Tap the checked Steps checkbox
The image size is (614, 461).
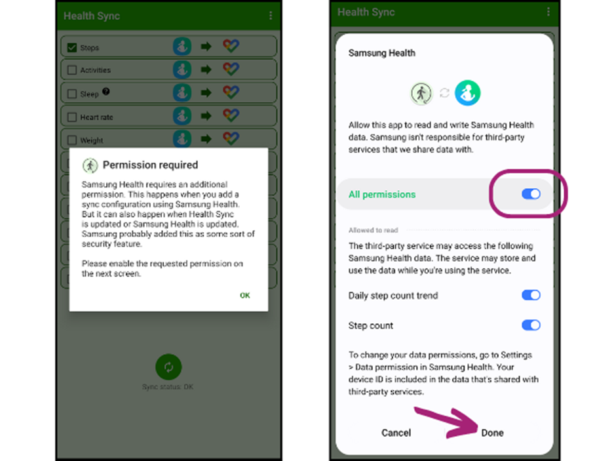(x=71, y=47)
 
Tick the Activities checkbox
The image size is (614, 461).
(x=71, y=70)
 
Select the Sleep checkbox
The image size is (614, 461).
(x=71, y=94)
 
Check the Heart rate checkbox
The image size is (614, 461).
(x=71, y=117)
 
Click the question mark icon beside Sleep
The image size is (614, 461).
(x=106, y=91)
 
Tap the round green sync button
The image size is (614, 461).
(x=168, y=367)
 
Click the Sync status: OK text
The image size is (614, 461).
(x=168, y=387)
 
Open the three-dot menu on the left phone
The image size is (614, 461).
(x=271, y=15)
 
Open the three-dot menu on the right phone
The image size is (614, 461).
(x=548, y=12)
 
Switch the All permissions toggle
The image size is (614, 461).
(x=531, y=193)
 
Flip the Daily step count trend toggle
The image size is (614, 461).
(x=531, y=295)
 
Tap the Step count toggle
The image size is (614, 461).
(x=531, y=325)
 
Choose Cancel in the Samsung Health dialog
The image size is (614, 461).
(x=396, y=433)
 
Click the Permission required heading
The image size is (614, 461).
(x=150, y=165)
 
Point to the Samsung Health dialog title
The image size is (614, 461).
(x=382, y=53)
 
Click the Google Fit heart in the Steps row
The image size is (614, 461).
(x=231, y=46)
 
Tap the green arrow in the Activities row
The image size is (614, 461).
(x=206, y=70)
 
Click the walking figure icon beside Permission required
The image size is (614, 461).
(x=90, y=165)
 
